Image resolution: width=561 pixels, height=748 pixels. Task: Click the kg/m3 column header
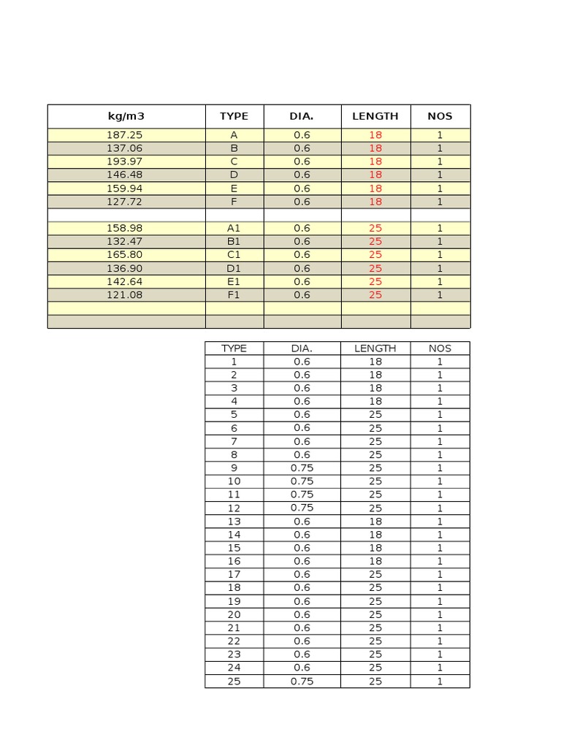pyautogui.click(x=125, y=116)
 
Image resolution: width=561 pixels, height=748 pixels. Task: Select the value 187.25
pyautogui.click(x=125, y=135)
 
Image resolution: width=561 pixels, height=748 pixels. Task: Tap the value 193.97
pyautogui.click(x=125, y=161)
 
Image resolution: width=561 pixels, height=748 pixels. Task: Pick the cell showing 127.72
pyautogui.click(x=125, y=202)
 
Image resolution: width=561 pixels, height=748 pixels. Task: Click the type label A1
pyautogui.click(x=234, y=228)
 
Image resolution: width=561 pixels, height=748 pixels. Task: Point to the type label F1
pyautogui.click(x=234, y=295)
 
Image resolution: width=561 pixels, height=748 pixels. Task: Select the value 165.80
pyautogui.click(x=125, y=255)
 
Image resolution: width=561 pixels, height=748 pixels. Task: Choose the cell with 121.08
pyautogui.click(x=125, y=295)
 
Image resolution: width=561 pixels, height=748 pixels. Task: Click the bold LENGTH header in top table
pyautogui.click(x=375, y=116)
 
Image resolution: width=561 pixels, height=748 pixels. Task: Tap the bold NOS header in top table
pyautogui.click(x=440, y=116)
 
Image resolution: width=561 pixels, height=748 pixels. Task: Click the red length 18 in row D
pyautogui.click(x=375, y=175)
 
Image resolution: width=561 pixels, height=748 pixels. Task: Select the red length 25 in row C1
pyautogui.click(x=375, y=255)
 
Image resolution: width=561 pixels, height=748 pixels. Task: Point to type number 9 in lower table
pyautogui.click(x=234, y=468)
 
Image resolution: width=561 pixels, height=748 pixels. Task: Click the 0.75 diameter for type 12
pyautogui.click(x=302, y=508)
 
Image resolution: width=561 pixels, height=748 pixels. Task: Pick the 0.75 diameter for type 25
pyautogui.click(x=302, y=682)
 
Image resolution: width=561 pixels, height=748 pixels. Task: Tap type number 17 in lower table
pyautogui.click(x=234, y=574)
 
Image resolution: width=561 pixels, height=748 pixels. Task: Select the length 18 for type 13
pyautogui.click(x=375, y=522)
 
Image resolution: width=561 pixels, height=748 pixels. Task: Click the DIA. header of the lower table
pyautogui.click(x=302, y=348)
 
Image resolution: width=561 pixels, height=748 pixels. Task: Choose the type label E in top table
pyautogui.click(x=234, y=188)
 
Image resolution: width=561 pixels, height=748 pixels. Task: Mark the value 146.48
pyautogui.click(x=125, y=175)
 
